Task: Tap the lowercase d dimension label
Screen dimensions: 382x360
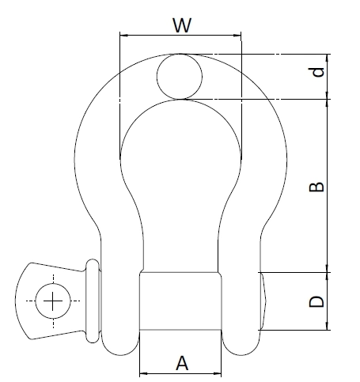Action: [317, 73]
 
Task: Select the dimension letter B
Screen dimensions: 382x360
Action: [316, 187]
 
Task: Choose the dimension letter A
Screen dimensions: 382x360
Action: [181, 363]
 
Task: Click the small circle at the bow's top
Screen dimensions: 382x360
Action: [180, 76]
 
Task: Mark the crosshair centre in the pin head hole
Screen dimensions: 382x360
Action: [52, 301]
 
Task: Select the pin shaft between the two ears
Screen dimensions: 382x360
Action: [180, 301]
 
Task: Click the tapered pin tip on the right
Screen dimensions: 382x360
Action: [267, 301]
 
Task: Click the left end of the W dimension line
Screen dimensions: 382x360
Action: [119, 35]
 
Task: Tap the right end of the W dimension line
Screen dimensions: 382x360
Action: [241, 35]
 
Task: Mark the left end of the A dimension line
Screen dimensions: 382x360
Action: [140, 373]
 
